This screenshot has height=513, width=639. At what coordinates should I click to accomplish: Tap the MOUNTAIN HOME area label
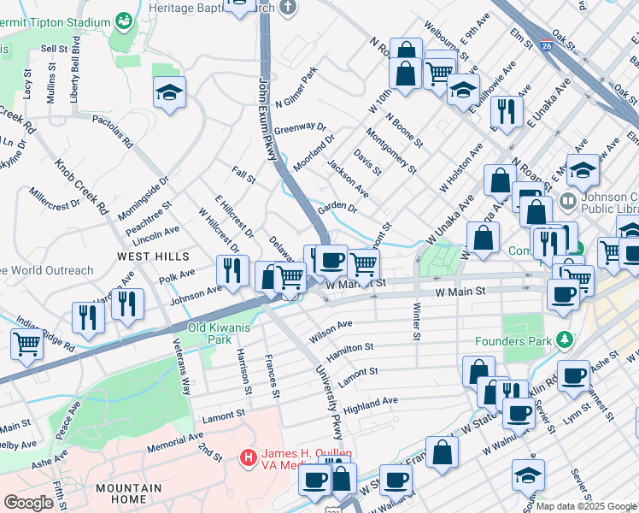click(129, 494)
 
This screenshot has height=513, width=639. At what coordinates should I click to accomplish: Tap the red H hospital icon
click(249, 458)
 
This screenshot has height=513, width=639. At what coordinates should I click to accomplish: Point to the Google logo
click(28, 503)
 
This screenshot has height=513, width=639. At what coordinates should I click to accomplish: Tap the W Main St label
click(460, 292)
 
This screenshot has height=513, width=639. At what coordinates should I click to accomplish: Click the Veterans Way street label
click(182, 364)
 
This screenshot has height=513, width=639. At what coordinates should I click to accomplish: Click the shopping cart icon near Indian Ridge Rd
click(26, 344)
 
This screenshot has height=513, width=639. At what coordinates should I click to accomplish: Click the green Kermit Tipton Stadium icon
click(125, 19)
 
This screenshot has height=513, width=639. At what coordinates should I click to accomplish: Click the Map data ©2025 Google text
click(586, 506)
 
